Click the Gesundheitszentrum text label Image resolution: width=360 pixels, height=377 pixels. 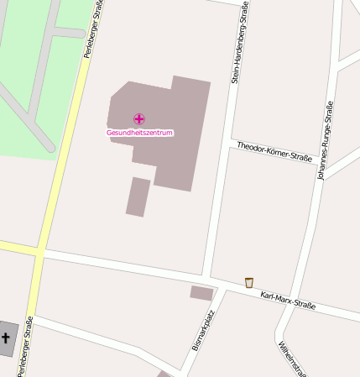139,133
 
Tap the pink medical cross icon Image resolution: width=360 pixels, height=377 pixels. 139,119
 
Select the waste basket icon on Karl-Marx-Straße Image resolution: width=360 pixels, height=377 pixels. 248,282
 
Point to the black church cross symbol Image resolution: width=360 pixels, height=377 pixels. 6,339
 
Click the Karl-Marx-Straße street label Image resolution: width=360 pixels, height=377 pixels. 288,300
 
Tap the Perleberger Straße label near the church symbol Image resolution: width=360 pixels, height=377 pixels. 26,346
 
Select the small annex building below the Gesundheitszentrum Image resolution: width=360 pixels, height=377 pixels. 138,196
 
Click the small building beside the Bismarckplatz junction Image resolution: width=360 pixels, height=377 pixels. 201,293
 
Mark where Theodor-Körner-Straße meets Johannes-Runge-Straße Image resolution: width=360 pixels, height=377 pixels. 321,171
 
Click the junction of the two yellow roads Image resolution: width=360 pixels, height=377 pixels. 39,251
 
